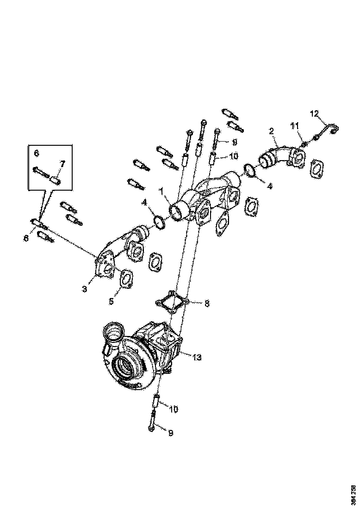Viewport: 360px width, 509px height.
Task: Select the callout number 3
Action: pos(85,289)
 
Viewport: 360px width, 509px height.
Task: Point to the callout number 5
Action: pos(111,301)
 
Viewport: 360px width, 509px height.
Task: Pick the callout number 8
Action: pos(207,304)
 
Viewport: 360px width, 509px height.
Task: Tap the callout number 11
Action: pos(295,125)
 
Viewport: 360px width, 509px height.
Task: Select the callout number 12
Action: pos(315,113)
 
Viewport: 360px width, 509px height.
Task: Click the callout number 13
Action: pos(198,357)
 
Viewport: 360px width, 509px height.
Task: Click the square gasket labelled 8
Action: pos(171,303)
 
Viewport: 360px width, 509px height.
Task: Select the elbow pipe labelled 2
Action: pos(278,157)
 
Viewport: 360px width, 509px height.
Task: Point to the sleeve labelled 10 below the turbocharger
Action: pos(156,401)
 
